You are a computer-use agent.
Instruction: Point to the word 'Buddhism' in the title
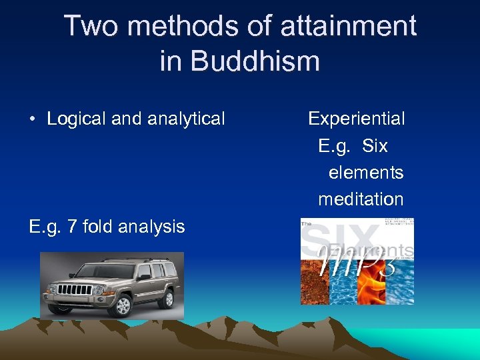255,61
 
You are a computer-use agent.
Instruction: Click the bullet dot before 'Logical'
32,119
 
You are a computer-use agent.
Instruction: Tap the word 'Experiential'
357,119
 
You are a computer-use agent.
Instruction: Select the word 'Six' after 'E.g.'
375,146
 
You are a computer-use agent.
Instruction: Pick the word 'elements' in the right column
366,173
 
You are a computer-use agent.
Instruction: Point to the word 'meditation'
361,199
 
